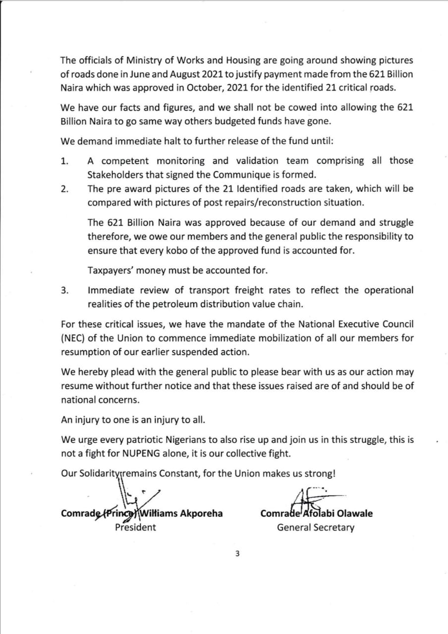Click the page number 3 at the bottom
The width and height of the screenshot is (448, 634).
pos(237,554)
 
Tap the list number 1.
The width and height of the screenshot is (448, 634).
pos(64,161)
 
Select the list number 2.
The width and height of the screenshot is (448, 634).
pos(64,189)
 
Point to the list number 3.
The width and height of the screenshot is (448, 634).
pos(64,291)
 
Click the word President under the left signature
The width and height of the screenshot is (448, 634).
pos(135,527)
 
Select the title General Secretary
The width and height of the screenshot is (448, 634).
pos(316,528)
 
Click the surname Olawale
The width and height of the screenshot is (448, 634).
pos(355,514)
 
